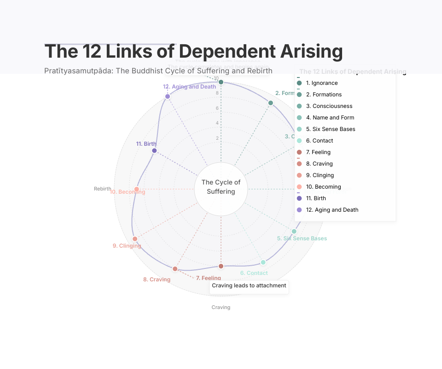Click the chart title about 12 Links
(193, 51)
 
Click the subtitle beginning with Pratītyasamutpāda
(158, 71)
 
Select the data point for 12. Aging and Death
(168, 96)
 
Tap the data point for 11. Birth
(154, 151)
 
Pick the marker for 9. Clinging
(135, 238)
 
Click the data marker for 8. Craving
(175, 268)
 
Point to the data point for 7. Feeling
(221, 266)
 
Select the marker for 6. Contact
(263, 262)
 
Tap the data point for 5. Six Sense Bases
(294, 231)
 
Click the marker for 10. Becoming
(137, 189)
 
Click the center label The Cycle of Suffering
(221, 187)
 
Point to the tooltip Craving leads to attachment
(249, 286)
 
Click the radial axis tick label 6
(217, 108)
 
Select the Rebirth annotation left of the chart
(103, 189)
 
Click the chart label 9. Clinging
(127, 246)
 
